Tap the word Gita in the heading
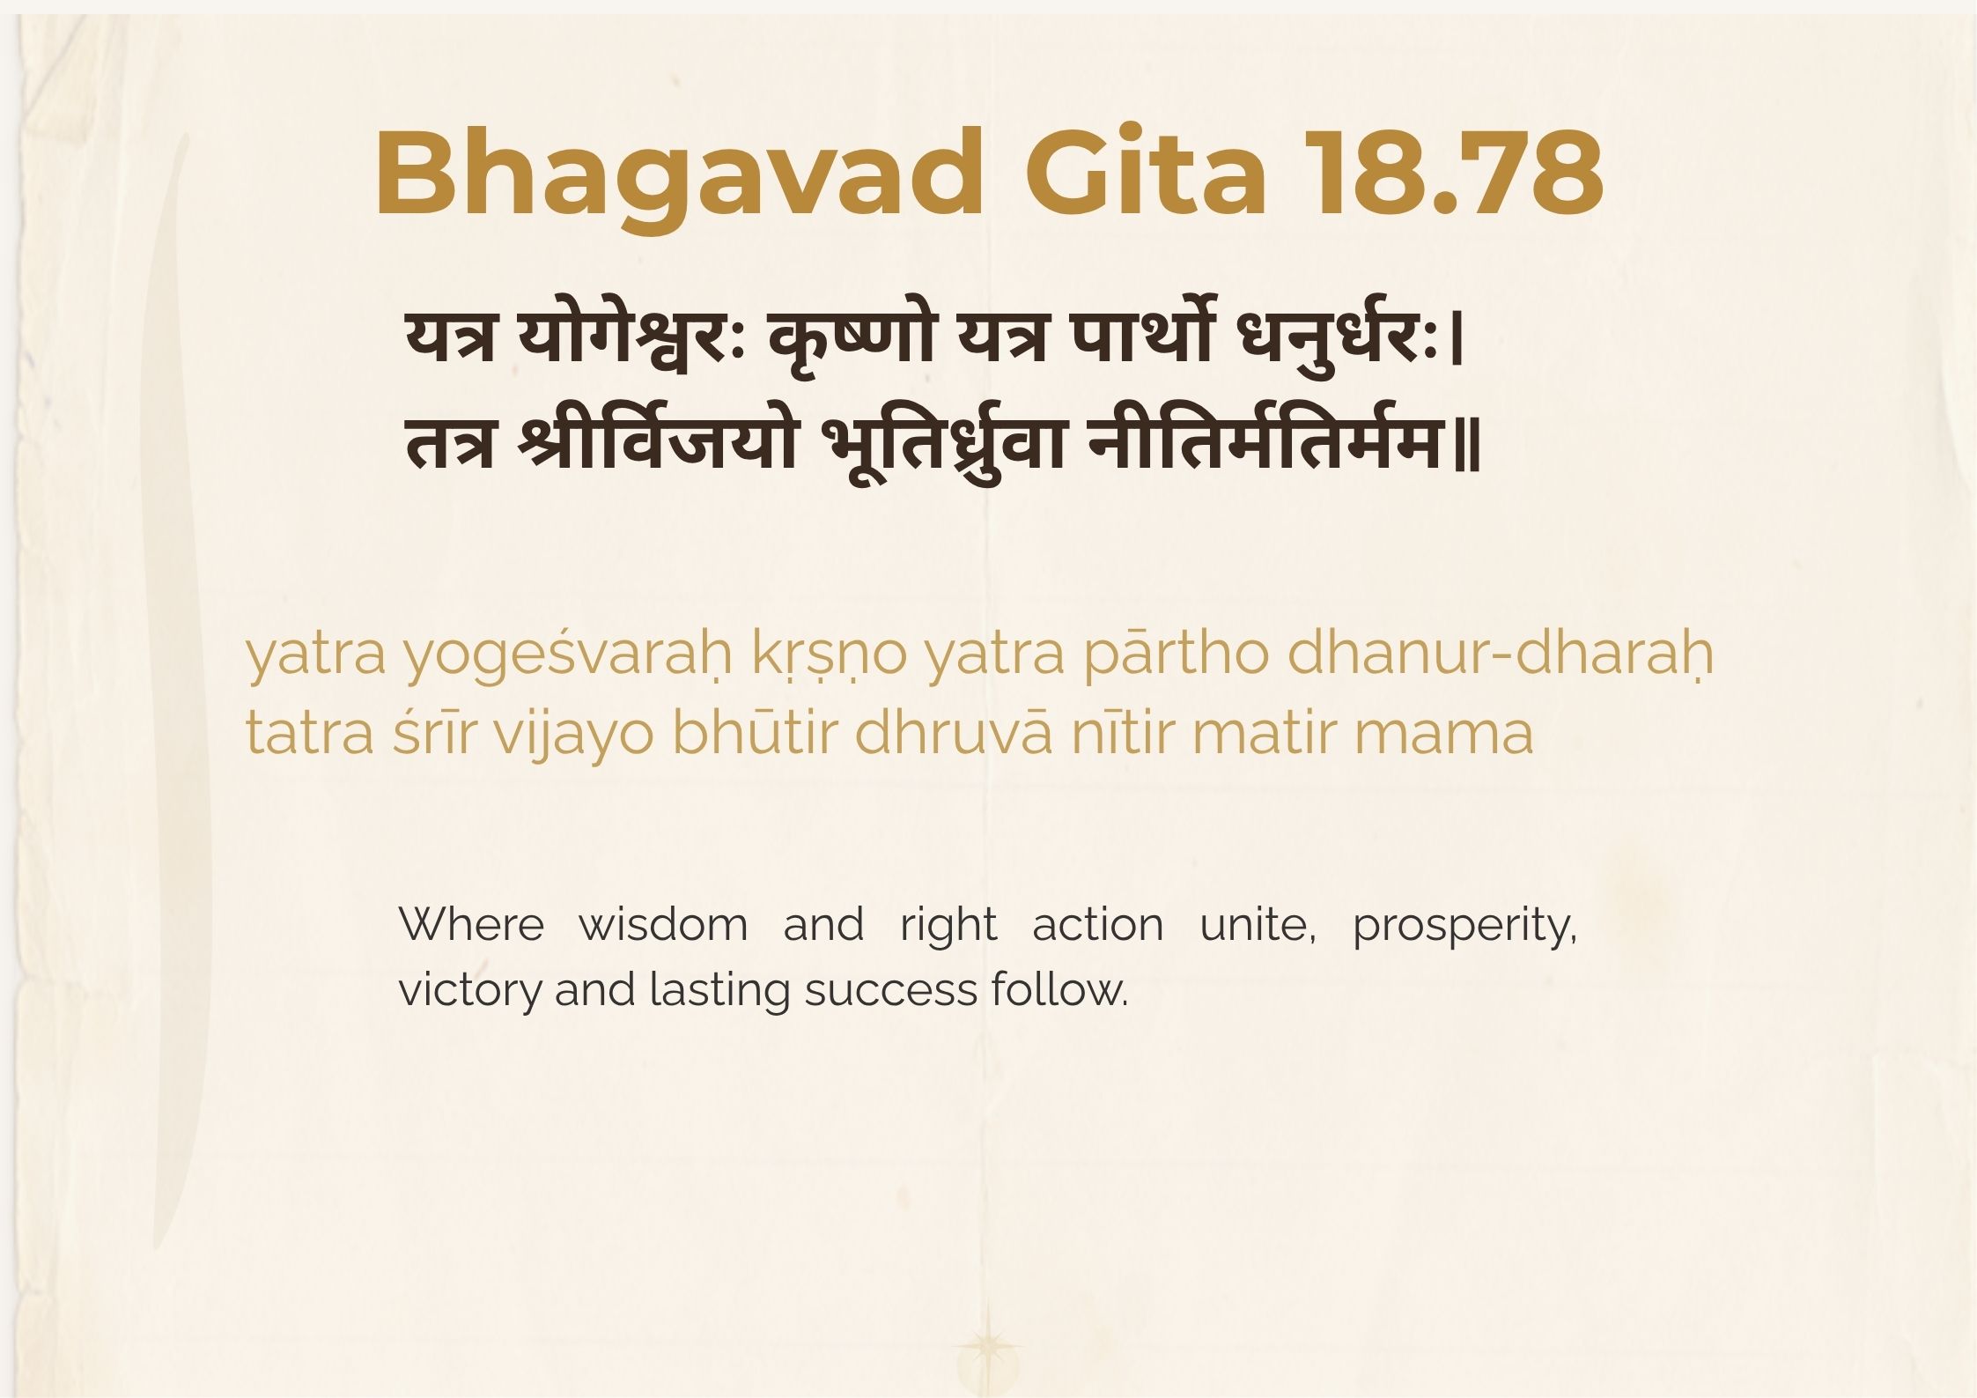(x=1146, y=173)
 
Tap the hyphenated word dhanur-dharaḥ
(x=1501, y=654)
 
